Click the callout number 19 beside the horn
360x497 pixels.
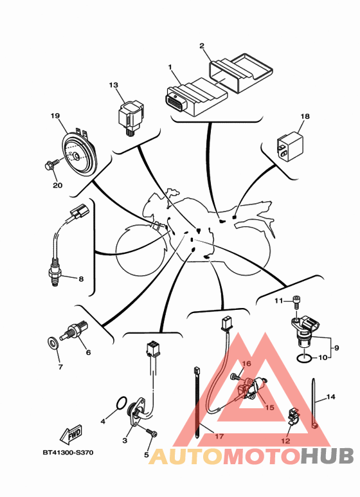point(55,116)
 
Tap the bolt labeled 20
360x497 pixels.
point(52,165)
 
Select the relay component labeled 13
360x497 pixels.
point(130,117)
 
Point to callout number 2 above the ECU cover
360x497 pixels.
point(202,46)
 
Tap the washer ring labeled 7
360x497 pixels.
point(53,343)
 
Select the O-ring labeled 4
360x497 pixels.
point(122,402)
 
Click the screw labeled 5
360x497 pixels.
point(151,433)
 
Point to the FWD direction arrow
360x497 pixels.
point(71,434)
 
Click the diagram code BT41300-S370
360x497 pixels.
point(68,453)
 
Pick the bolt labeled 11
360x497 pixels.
point(296,302)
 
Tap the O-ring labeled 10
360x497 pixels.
point(303,358)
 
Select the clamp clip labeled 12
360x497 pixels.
point(293,416)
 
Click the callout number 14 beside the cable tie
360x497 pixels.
point(330,397)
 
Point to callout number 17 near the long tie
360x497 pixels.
point(219,437)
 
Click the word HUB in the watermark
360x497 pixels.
point(327,456)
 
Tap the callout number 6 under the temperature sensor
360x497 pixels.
point(88,352)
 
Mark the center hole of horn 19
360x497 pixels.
point(76,156)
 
